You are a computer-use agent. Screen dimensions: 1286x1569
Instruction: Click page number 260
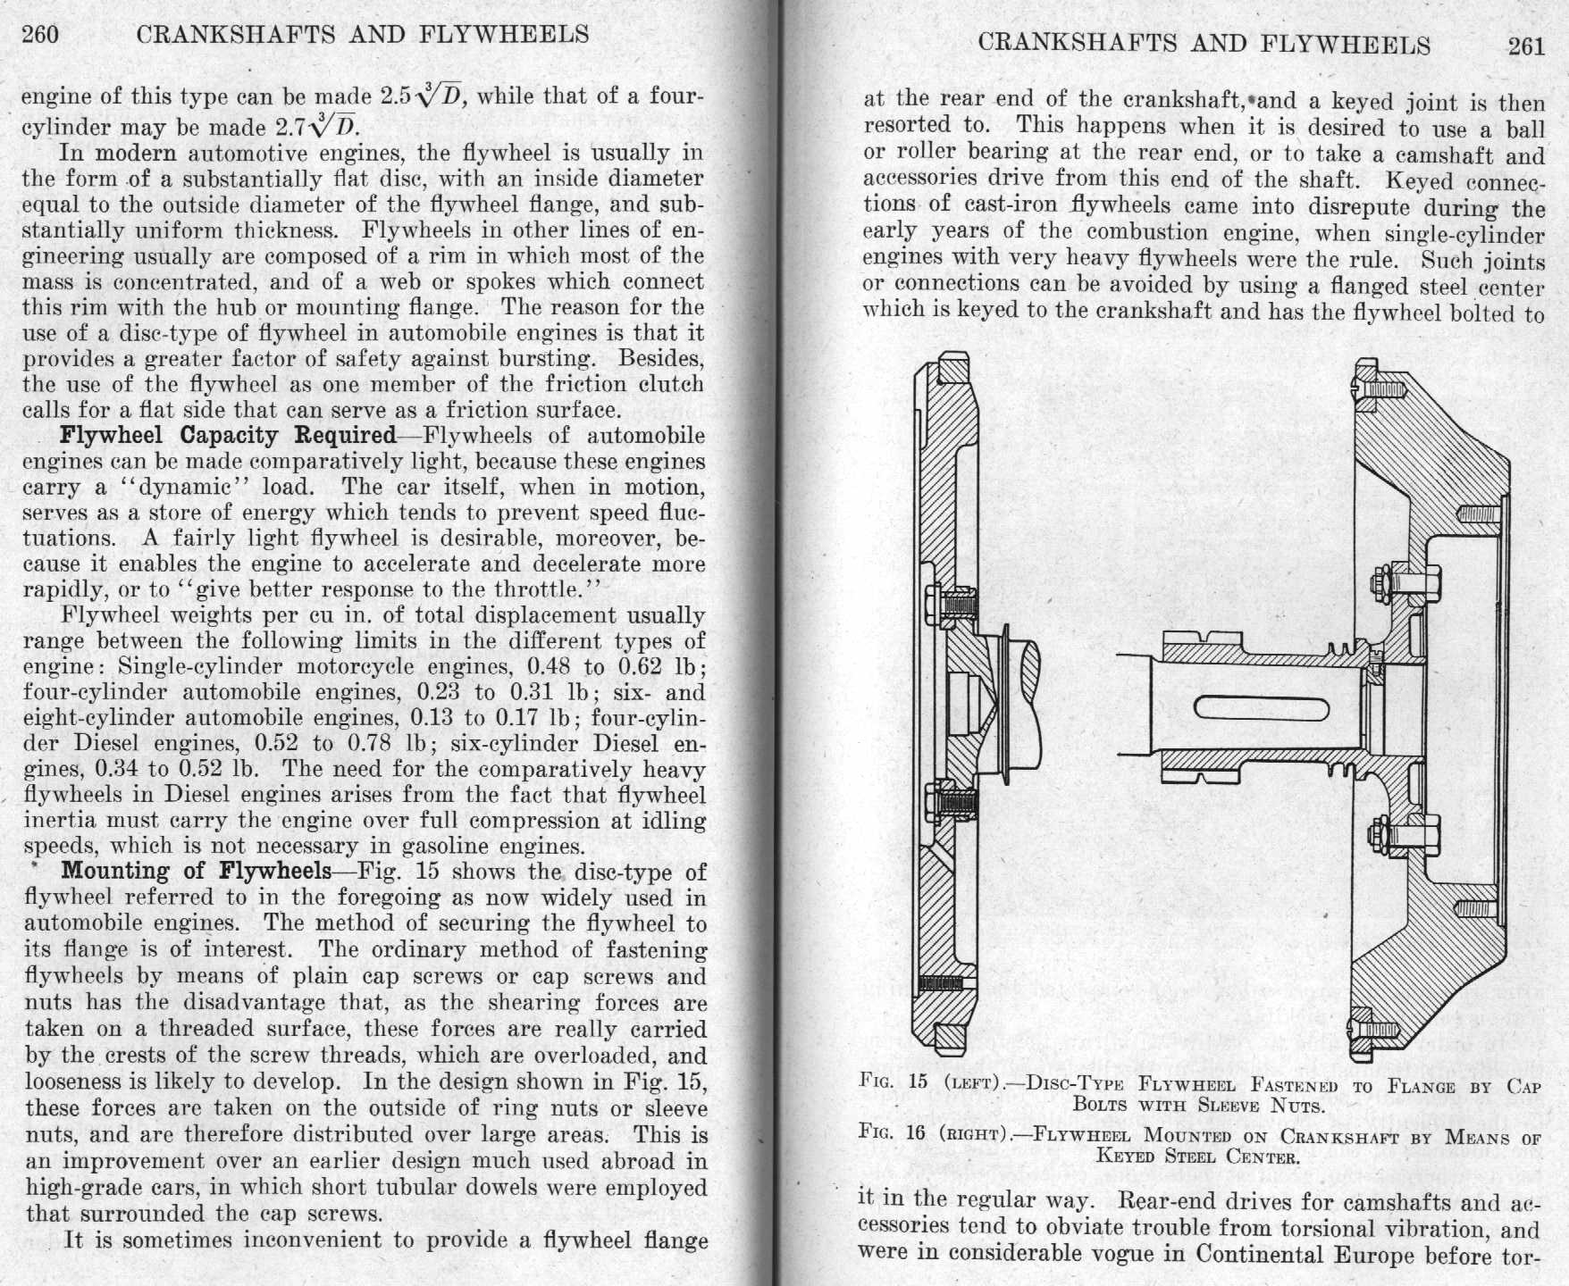coord(40,35)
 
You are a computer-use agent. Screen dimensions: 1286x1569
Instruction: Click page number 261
coord(1526,46)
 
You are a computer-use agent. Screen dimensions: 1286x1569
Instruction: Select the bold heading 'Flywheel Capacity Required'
coord(228,436)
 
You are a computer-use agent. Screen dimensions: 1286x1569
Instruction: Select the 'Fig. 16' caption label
coord(893,1133)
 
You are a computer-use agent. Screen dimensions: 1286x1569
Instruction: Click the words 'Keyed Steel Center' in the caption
coord(1196,1157)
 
